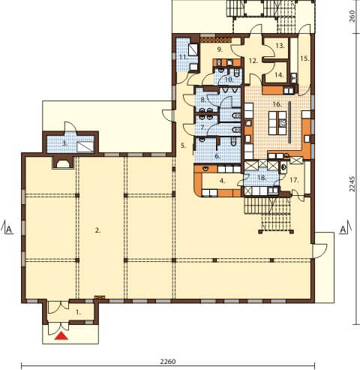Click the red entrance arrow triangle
(61, 336)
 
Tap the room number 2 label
(97, 230)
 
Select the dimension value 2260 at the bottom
(168, 362)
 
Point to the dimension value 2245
(352, 184)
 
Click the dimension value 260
(352, 16)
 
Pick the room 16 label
(277, 104)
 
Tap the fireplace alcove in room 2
(63, 162)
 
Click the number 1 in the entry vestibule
(79, 312)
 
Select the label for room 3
(65, 143)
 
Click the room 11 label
(184, 57)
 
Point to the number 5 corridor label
(184, 146)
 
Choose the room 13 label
(280, 46)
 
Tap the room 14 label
(279, 74)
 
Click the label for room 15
(304, 59)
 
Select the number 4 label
(223, 181)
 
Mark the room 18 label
(262, 178)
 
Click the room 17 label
(294, 180)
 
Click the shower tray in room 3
(85, 147)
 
